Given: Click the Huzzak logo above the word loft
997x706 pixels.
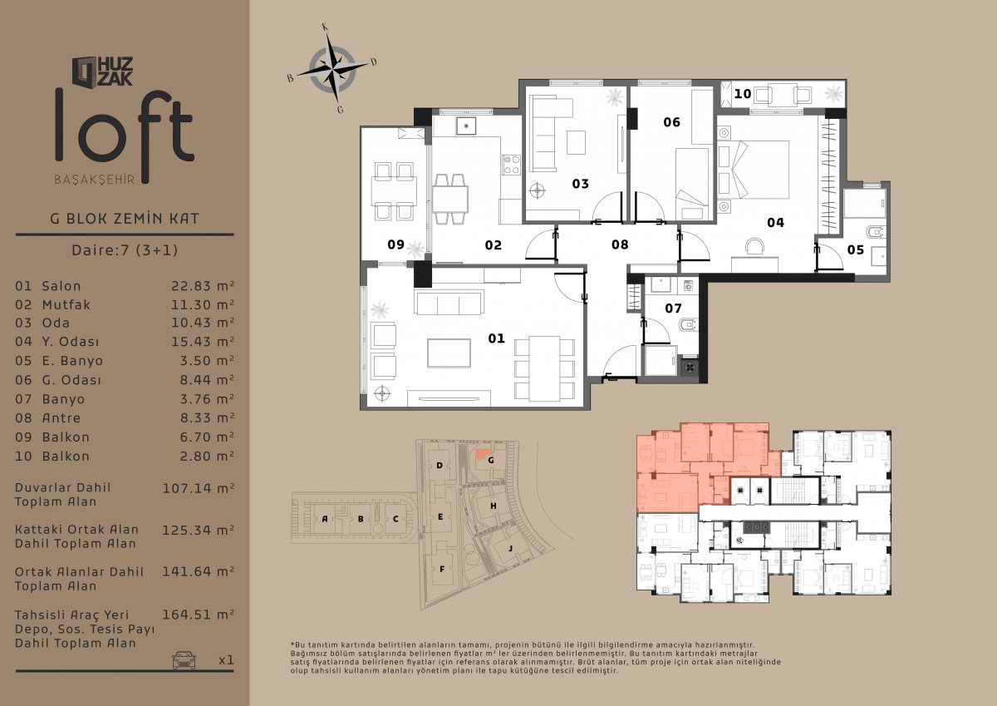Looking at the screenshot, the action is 102,72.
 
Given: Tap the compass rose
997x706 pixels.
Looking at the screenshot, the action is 332,68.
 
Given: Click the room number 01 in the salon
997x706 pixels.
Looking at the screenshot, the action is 496,338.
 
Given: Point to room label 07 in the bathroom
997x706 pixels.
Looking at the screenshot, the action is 673,309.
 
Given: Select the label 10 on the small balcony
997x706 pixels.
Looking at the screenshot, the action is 743,94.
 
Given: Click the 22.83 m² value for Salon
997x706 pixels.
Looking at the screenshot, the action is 203,285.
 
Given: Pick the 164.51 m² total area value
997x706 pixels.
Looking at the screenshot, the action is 198,615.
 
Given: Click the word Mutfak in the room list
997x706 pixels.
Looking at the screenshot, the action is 66,304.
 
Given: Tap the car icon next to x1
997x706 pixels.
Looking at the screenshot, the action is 184,659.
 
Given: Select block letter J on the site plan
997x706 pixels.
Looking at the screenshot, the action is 510,548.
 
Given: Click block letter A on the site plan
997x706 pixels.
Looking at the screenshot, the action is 325,519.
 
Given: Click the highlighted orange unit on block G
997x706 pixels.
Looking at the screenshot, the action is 481,454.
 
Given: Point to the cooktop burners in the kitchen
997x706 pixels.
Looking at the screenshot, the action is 512,165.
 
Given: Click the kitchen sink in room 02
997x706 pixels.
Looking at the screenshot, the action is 466,126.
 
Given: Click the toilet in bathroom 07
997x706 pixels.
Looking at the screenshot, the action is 688,325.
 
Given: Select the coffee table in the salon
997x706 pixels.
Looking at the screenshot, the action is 449,353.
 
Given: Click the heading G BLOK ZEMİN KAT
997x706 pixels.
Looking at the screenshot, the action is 125,219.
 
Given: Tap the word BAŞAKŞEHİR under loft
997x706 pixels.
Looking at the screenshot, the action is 95,180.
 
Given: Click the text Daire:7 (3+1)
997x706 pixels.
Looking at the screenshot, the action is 125,249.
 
